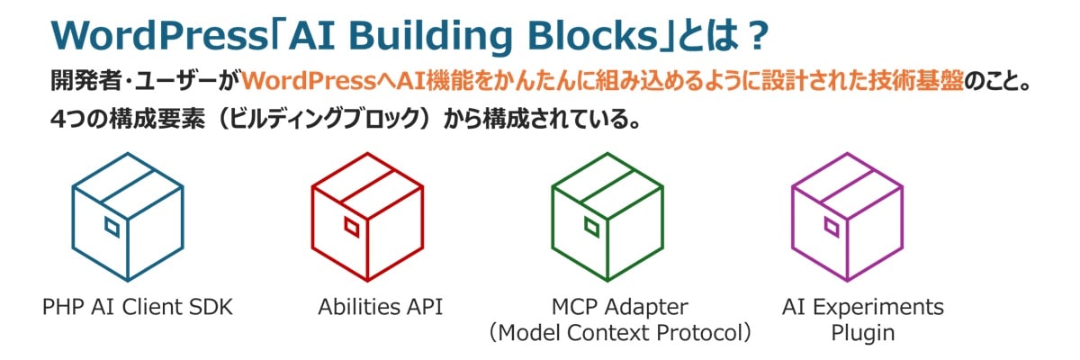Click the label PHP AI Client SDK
click(138, 307)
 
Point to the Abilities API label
click(380, 307)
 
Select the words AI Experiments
click(863, 307)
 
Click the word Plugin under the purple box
click(862, 332)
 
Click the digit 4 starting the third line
click(58, 119)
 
